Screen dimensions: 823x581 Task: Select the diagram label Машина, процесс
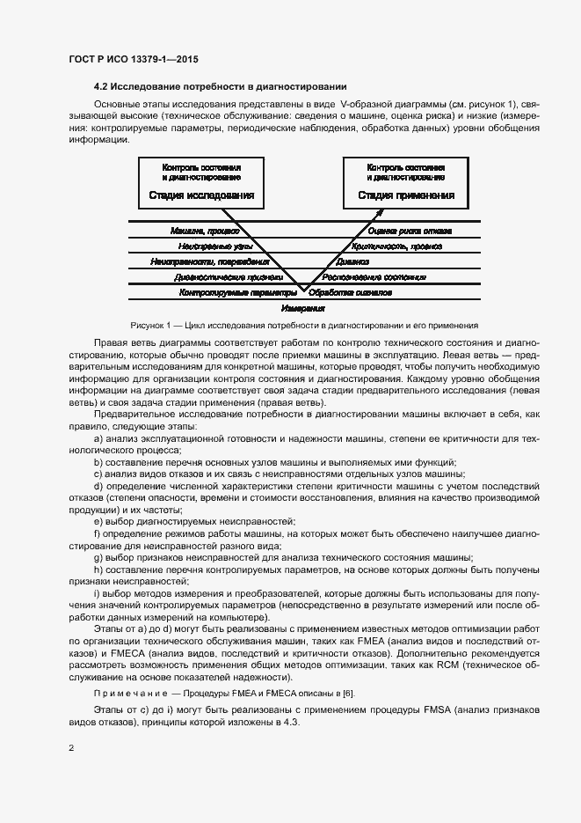tap(204, 231)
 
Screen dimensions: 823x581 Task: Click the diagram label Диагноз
tap(352, 261)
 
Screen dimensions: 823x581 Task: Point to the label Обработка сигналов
tap(351, 291)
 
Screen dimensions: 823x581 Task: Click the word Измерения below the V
tap(303, 309)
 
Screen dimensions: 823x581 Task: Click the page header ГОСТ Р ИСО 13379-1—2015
tap(133, 59)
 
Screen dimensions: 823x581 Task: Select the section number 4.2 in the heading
tap(100, 86)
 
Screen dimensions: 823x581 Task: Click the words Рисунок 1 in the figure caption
tap(150, 325)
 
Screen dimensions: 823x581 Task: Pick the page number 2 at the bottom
tap(71, 747)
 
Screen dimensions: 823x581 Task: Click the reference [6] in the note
tap(349, 694)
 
